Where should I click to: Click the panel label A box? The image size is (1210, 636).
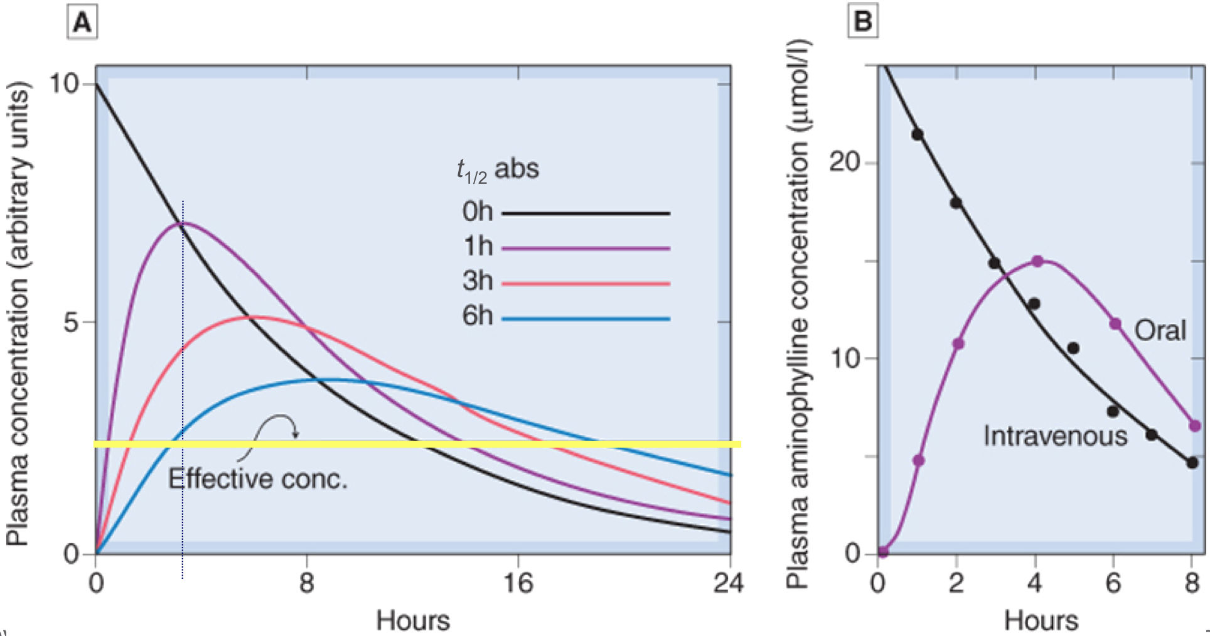click(x=82, y=23)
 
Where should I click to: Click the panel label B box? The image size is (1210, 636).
click(x=863, y=21)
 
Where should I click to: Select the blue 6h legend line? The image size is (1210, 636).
click(x=586, y=319)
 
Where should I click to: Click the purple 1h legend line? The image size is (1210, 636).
click(x=586, y=249)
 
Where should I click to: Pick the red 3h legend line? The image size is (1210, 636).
click(x=586, y=284)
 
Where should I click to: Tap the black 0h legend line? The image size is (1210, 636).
click(x=586, y=213)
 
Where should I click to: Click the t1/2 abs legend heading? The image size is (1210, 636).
click(x=498, y=170)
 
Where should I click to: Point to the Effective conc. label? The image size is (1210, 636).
click(x=257, y=479)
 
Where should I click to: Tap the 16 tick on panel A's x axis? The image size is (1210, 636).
click(x=518, y=583)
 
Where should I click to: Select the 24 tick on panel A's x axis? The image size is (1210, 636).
click(x=728, y=583)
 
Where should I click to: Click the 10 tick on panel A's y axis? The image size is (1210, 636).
click(x=65, y=84)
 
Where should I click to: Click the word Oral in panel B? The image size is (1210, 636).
click(x=1160, y=330)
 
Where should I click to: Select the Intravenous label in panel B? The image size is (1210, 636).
click(x=1055, y=436)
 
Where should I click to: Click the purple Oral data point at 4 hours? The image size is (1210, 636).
click(x=1037, y=261)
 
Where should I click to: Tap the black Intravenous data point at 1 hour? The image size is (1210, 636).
click(x=918, y=134)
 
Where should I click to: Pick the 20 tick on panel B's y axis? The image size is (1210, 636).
click(x=844, y=162)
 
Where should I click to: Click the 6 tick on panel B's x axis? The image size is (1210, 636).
click(x=1113, y=583)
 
